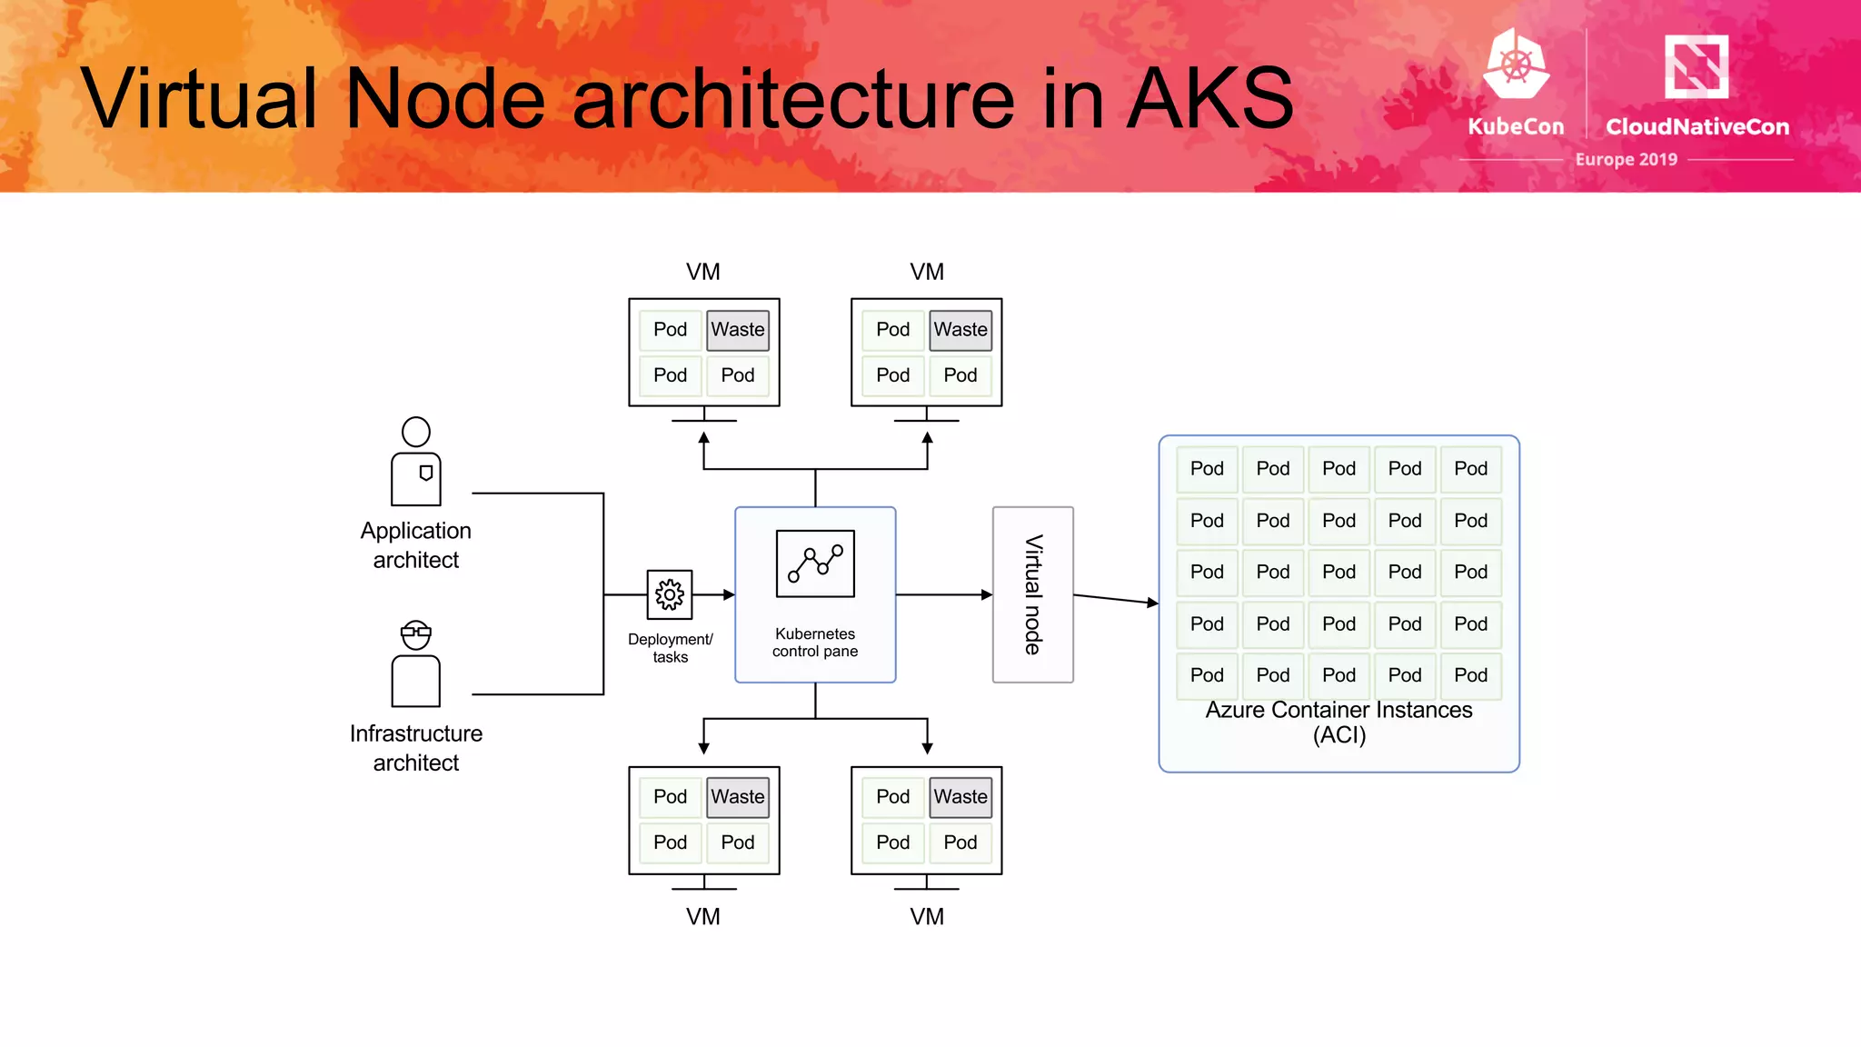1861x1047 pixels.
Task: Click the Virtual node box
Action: click(1032, 594)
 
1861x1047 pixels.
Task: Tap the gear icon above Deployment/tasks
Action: click(670, 594)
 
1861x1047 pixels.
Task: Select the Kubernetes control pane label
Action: click(815, 643)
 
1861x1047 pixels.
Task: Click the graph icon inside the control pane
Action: click(815, 563)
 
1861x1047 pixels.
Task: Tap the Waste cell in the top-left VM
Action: click(738, 330)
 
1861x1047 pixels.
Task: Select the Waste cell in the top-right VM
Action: click(960, 330)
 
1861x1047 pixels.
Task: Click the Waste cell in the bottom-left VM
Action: click(738, 797)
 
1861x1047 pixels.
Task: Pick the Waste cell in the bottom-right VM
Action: click(960, 797)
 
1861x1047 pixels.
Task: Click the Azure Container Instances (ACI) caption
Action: click(1339, 723)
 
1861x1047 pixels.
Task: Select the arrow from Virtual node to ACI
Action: click(1115, 599)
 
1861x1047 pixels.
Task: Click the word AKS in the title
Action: click(1210, 98)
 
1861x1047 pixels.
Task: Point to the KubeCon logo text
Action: click(1516, 126)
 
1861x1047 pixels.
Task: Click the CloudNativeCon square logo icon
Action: click(1696, 66)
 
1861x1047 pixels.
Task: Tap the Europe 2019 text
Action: click(1626, 159)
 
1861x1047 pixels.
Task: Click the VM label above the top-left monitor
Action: click(703, 272)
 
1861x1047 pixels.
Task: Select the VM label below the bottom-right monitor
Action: click(927, 916)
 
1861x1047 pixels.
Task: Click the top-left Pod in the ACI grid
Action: click(1207, 469)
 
